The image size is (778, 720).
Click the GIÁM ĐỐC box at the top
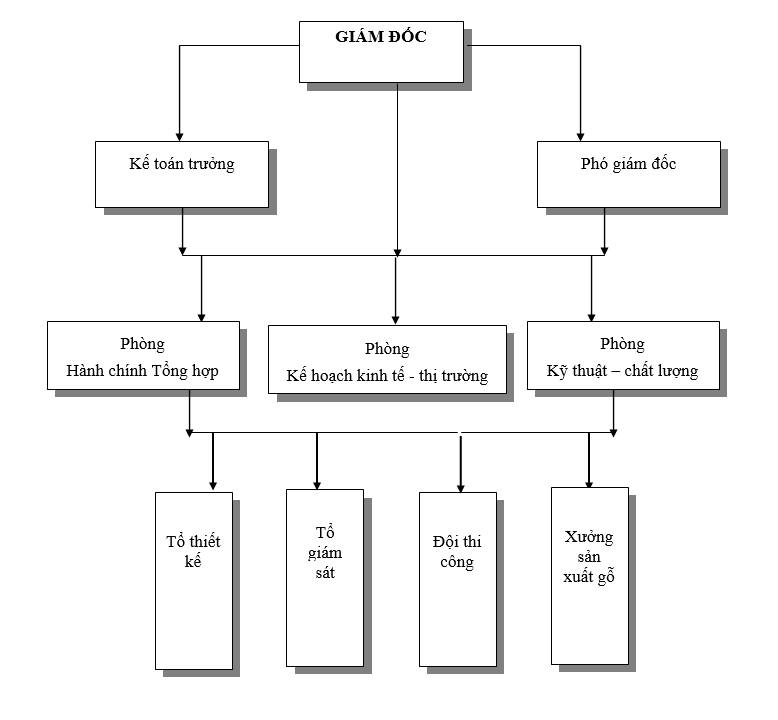click(382, 51)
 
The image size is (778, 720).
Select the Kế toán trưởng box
click(182, 174)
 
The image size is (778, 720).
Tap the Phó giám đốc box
click(628, 174)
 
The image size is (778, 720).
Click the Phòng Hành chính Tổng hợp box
click(143, 355)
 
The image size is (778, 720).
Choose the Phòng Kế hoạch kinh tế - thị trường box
click(387, 360)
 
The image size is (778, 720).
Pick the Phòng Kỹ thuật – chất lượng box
click(622, 355)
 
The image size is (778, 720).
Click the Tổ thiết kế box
click(194, 580)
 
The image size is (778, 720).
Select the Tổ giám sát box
click(323, 578)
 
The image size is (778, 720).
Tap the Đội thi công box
click(458, 579)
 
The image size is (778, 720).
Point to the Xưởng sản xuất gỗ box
click(590, 575)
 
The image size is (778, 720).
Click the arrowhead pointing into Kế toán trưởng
click(180, 136)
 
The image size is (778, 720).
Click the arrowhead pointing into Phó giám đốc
click(580, 136)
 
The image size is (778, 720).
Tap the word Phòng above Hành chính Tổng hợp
click(142, 344)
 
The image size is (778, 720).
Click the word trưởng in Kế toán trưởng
click(210, 164)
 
